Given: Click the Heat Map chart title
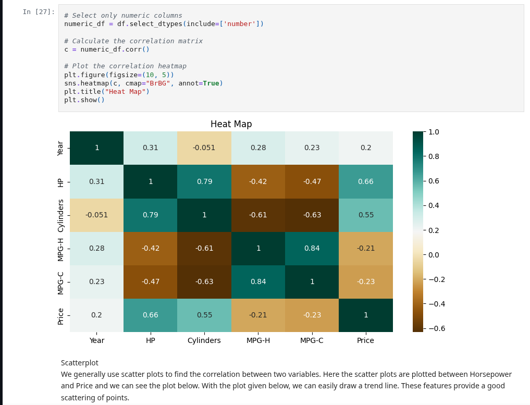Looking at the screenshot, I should point(231,124).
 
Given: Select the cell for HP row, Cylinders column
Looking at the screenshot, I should point(204,181).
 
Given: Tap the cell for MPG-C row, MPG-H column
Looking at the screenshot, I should point(258,281).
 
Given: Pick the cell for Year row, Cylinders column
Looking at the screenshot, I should point(204,148).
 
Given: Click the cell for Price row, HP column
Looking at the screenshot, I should point(150,315).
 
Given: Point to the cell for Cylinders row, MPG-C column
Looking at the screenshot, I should point(312,215).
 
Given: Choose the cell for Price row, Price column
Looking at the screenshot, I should point(365,315).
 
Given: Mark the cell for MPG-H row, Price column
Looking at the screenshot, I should point(365,248).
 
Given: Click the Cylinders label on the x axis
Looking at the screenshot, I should point(204,340).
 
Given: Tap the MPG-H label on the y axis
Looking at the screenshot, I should point(61,249).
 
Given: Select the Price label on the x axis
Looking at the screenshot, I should point(365,340).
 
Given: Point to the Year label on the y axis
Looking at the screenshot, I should point(61,148).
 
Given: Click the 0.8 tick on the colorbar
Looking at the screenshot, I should point(434,156).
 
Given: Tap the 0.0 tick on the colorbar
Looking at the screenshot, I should point(434,255).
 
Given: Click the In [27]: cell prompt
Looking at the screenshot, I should point(39,12).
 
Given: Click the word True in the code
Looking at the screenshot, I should point(211,83).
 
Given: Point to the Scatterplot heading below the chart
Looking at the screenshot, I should point(79,363).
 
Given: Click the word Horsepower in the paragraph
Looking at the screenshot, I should point(490,374).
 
